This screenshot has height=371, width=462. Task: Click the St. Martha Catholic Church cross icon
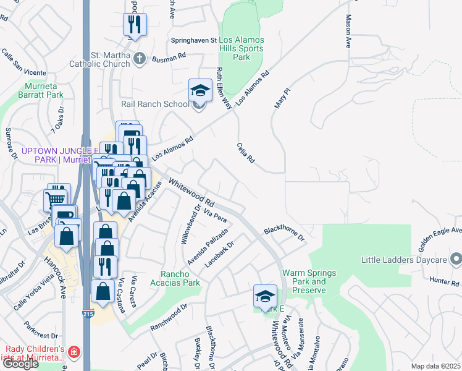click(x=139, y=59)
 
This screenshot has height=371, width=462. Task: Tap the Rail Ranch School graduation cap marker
click(x=200, y=91)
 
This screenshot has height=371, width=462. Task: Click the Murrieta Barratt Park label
click(x=44, y=91)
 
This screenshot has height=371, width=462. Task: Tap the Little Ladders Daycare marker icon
click(x=456, y=258)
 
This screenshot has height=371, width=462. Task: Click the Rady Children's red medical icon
click(x=74, y=352)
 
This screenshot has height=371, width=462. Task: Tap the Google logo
click(x=20, y=364)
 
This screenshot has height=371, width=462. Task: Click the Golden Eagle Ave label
click(x=439, y=239)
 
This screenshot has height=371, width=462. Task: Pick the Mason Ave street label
click(x=349, y=32)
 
